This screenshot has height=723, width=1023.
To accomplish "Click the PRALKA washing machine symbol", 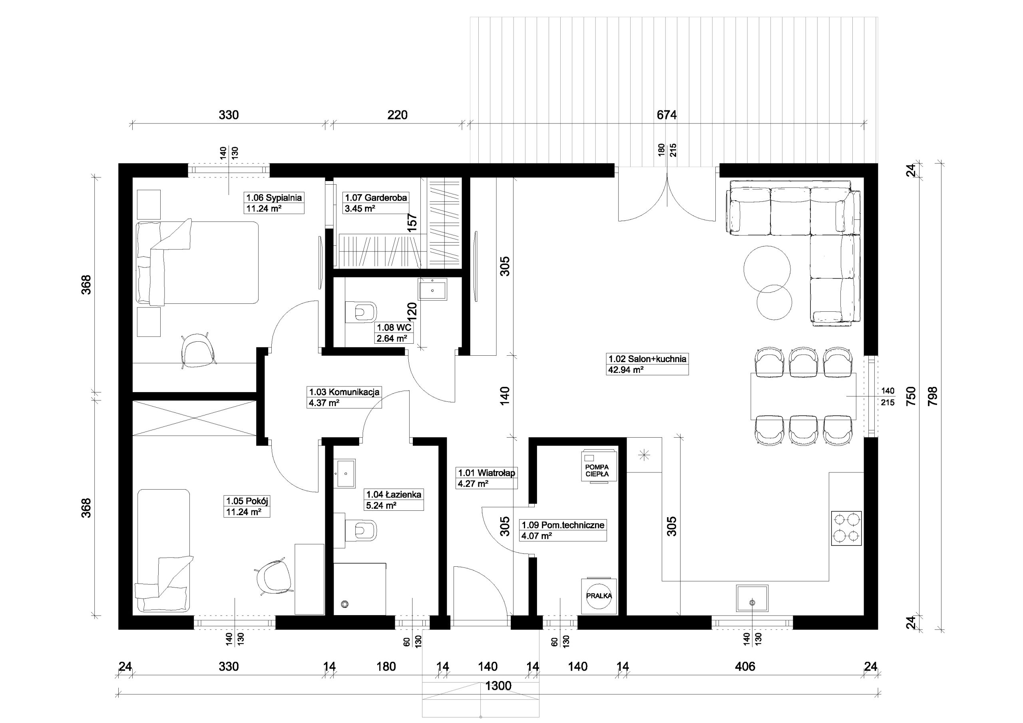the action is point(599,596).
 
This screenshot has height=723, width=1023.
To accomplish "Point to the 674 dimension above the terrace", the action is point(667,115).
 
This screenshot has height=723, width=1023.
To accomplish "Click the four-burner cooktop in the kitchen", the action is point(846,528).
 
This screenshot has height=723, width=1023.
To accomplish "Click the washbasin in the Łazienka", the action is point(344,474).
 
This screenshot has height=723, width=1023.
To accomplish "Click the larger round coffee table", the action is point(767,269).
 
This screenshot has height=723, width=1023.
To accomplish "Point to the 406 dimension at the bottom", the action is point(745,666).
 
